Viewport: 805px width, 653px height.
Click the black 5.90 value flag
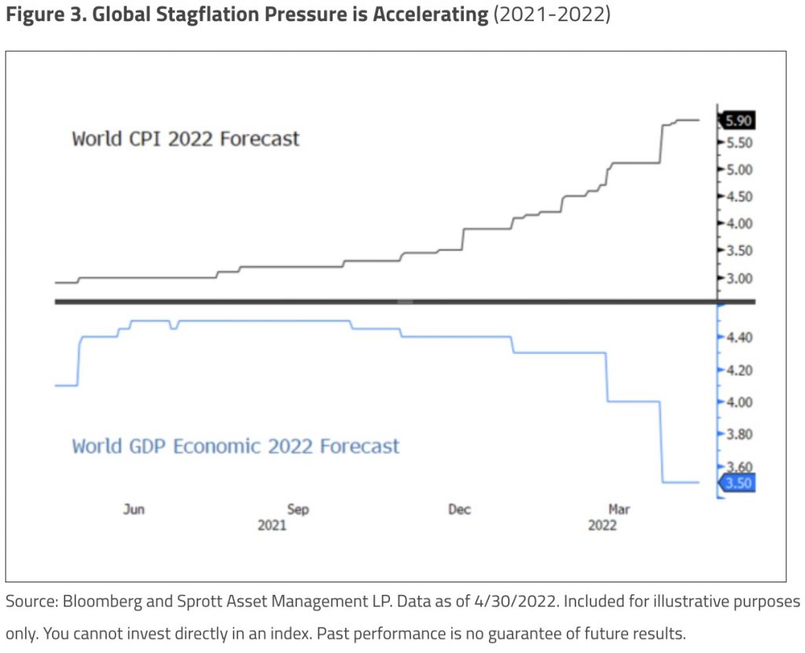(739, 120)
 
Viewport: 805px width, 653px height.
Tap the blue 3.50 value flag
(738, 483)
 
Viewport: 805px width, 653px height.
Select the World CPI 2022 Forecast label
(186, 139)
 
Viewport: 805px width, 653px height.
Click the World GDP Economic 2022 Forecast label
(236, 446)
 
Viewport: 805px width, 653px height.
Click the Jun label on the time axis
(134, 509)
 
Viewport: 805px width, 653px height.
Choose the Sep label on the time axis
(298, 509)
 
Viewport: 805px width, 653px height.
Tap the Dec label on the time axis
(459, 509)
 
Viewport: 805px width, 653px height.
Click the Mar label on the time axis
(619, 509)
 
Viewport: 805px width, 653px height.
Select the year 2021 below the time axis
(272, 525)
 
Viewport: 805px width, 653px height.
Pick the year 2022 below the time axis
(602, 525)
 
